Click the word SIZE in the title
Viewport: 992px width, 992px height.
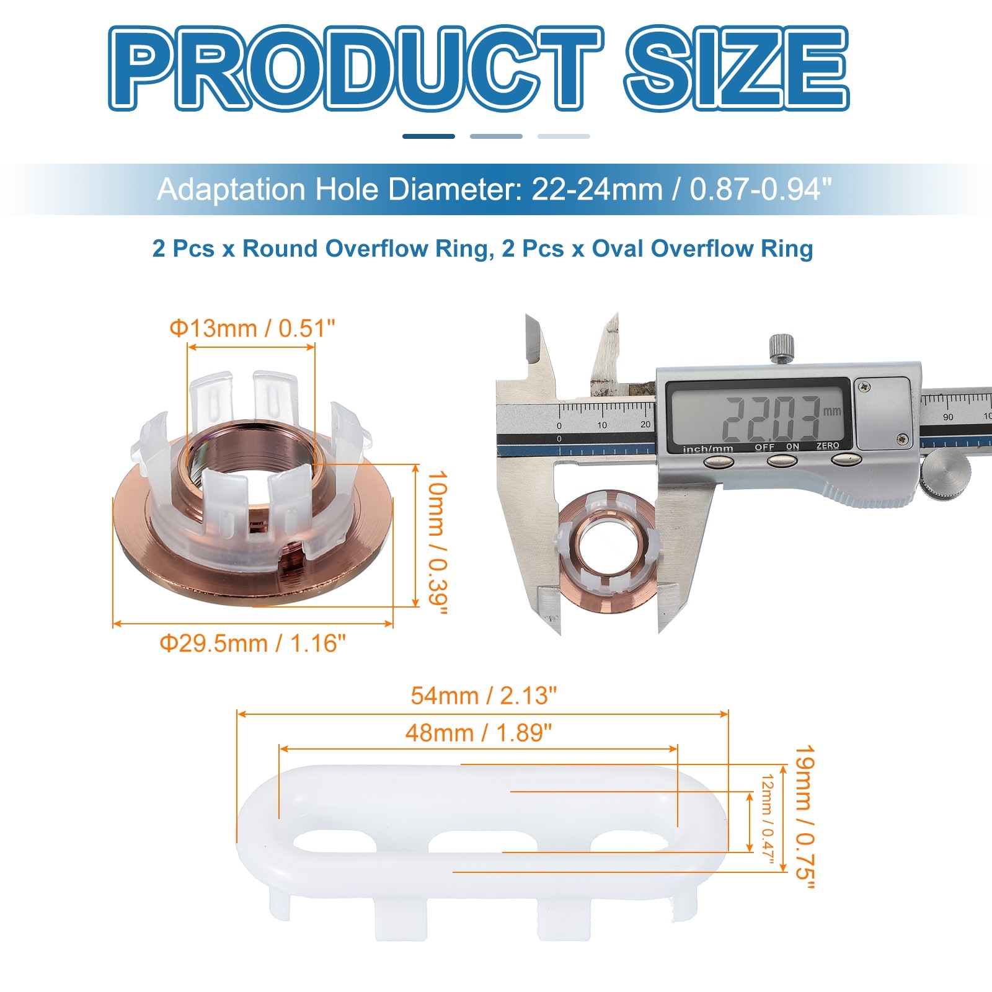[x=737, y=68]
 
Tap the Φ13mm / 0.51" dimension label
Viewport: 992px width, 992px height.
[x=252, y=328]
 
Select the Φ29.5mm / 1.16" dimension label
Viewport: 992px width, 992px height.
[x=253, y=644]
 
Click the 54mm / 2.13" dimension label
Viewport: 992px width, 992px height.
[x=484, y=696]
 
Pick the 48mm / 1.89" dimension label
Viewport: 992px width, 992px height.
[x=479, y=733]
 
